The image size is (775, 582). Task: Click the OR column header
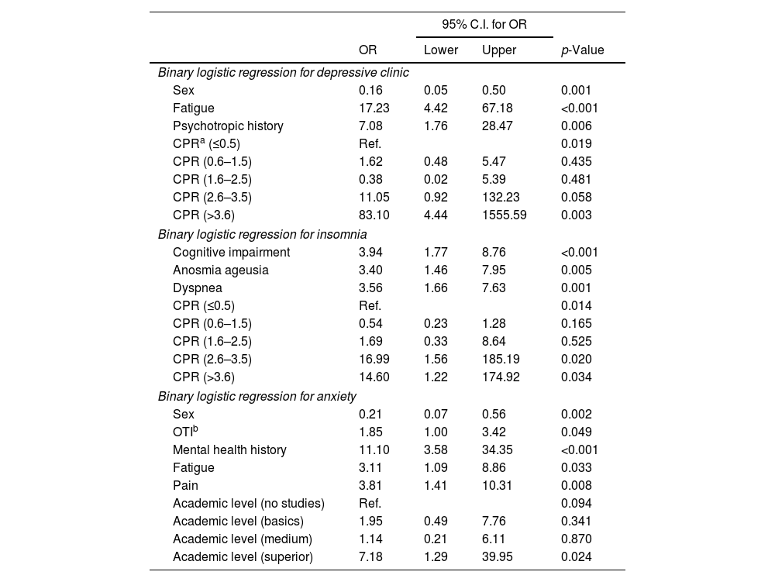coord(368,50)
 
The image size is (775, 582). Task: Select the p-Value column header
coord(582,50)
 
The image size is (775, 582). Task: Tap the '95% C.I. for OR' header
coord(484,25)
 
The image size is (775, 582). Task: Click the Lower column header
coord(441,50)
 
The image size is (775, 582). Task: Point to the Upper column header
coord(499,50)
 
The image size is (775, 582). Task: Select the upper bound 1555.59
coord(505,215)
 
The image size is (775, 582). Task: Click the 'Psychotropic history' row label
coord(228,126)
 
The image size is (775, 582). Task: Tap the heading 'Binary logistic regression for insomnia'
coord(262,234)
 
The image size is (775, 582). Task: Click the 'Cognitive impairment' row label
coord(231,252)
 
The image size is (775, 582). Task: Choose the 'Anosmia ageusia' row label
coord(221,270)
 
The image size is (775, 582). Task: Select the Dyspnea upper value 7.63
coord(494,288)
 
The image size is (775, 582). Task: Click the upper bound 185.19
coord(499,359)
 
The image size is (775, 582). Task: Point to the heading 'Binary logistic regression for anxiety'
coord(257,396)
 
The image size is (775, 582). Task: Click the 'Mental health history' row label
coord(229,450)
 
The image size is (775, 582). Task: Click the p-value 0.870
coord(576,539)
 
